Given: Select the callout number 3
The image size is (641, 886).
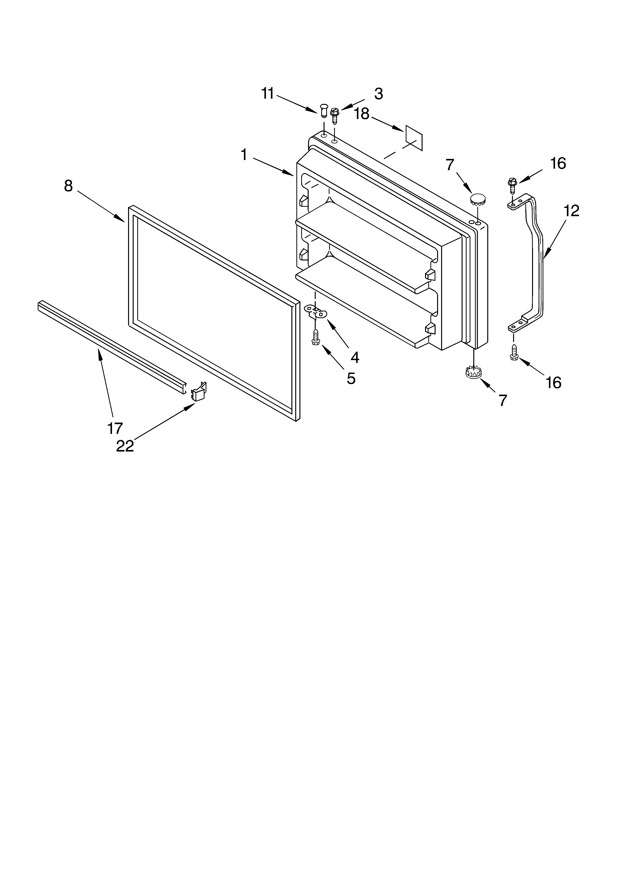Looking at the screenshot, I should click(x=378, y=94).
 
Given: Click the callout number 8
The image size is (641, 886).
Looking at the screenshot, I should click(x=68, y=186).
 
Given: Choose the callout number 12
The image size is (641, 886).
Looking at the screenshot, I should click(x=571, y=211).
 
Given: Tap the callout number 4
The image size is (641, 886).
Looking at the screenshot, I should click(x=354, y=357).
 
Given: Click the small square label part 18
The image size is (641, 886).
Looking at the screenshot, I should click(x=414, y=138).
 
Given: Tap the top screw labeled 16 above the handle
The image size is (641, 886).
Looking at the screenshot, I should click(x=512, y=185).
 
